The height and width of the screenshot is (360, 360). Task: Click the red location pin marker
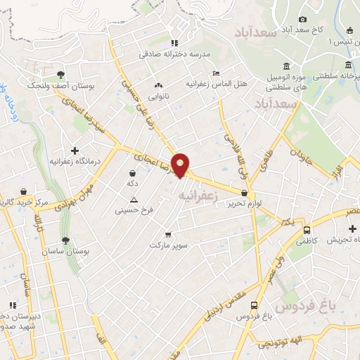point(181,165)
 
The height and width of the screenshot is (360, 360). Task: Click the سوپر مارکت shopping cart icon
point(167,235)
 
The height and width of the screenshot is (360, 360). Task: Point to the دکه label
point(131,183)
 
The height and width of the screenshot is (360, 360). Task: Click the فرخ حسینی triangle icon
point(134,200)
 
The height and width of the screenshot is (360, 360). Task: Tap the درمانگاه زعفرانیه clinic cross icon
point(75,150)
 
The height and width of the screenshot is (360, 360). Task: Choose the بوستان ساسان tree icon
point(65,240)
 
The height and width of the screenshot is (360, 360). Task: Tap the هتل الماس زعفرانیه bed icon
point(216,73)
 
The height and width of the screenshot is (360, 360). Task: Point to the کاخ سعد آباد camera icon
point(302,19)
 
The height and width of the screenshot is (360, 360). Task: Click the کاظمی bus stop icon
point(307,230)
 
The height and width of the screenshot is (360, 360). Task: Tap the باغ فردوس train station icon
point(253,305)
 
